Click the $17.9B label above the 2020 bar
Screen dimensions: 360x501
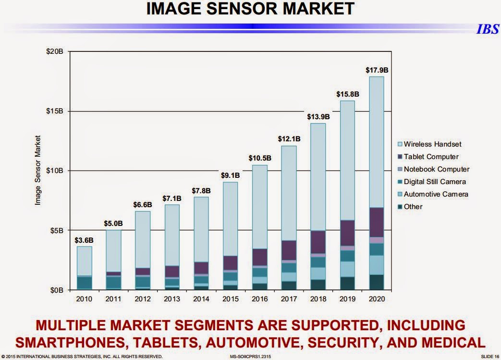click(x=376, y=70)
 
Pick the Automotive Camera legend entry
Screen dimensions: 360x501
click(x=436, y=194)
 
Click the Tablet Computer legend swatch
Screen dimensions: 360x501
click(x=399, y=157)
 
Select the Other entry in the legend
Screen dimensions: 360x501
click(x=413, y=207)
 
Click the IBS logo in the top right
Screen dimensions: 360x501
click(x=487, y=29)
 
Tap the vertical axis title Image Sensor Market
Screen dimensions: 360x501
click(x=37, y=170)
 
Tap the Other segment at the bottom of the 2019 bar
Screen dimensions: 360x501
click(x=347, y=283)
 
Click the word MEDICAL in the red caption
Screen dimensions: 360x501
click(x=451, y=342)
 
